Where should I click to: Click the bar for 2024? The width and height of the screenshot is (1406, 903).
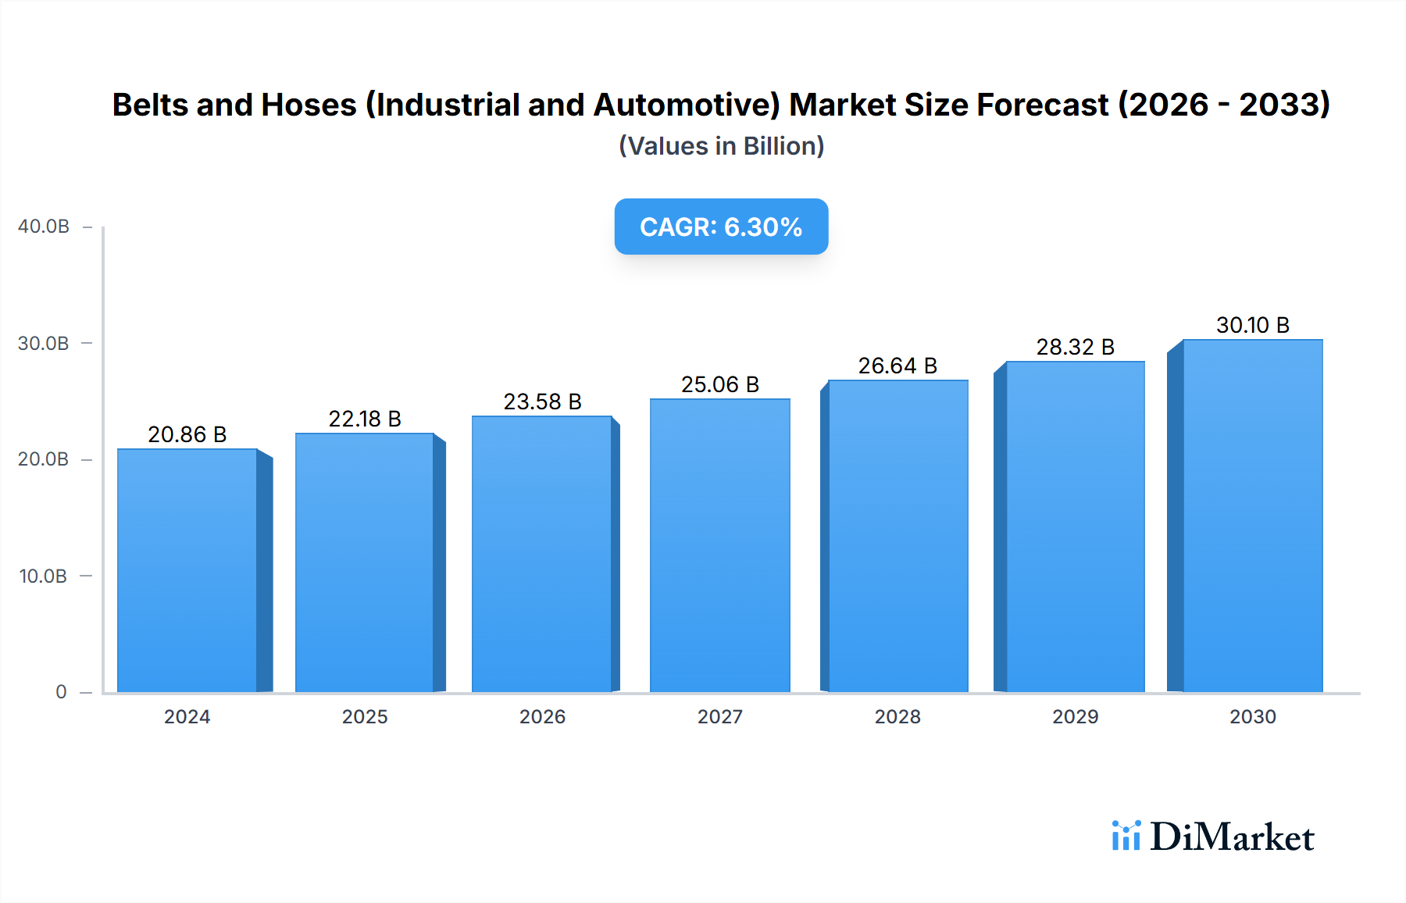pyautogui.click(x=187, y=570)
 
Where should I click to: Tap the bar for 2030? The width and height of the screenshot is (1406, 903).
pyautogui.click(x=1252, y=516)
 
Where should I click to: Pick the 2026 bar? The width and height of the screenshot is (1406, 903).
pyautogui.click(x=541, y=554)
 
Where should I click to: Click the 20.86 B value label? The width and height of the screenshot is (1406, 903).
pyautogui.click(x=187, y=434)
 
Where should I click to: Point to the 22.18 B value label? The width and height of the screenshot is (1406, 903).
pyautogui.click(x=365, y=419)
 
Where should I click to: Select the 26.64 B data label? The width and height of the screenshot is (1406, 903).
pyautogui.click(x=897, y=366)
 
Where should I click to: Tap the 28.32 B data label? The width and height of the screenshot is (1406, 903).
pyautogui.click(x=1075, y=347)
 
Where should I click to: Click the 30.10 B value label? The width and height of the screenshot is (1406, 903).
pyautogui.click(x=1252, y=325)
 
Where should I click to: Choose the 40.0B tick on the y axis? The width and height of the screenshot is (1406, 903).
pyautogui.click(x=44, y=227)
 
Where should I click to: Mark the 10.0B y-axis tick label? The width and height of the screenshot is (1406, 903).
pyautogui.click(x=44, y=576)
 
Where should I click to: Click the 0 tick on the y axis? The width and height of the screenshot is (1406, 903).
pyautogui.click(x=61, y=692)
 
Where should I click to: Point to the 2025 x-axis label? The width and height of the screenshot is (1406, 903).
pyautogui.click(x=365, y=717)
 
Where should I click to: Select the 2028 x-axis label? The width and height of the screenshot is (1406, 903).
pyautogui.click(x=897, y=717)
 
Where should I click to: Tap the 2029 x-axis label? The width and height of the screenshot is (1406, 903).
pyautogui.click(x=1075, y=717)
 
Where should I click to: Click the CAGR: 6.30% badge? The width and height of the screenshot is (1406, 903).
pyautogui.click(x=721, y=227)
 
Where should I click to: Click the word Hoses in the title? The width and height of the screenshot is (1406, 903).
pyautogui.click(x=309, y=105)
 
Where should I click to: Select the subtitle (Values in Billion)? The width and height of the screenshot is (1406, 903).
pyautogui.click(x=721, y=146)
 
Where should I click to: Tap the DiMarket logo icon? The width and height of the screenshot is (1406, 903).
pyautogui.click(x=1126, y=836)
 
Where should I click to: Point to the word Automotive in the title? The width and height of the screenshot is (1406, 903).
pyautogui.click(x=687, y=105)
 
